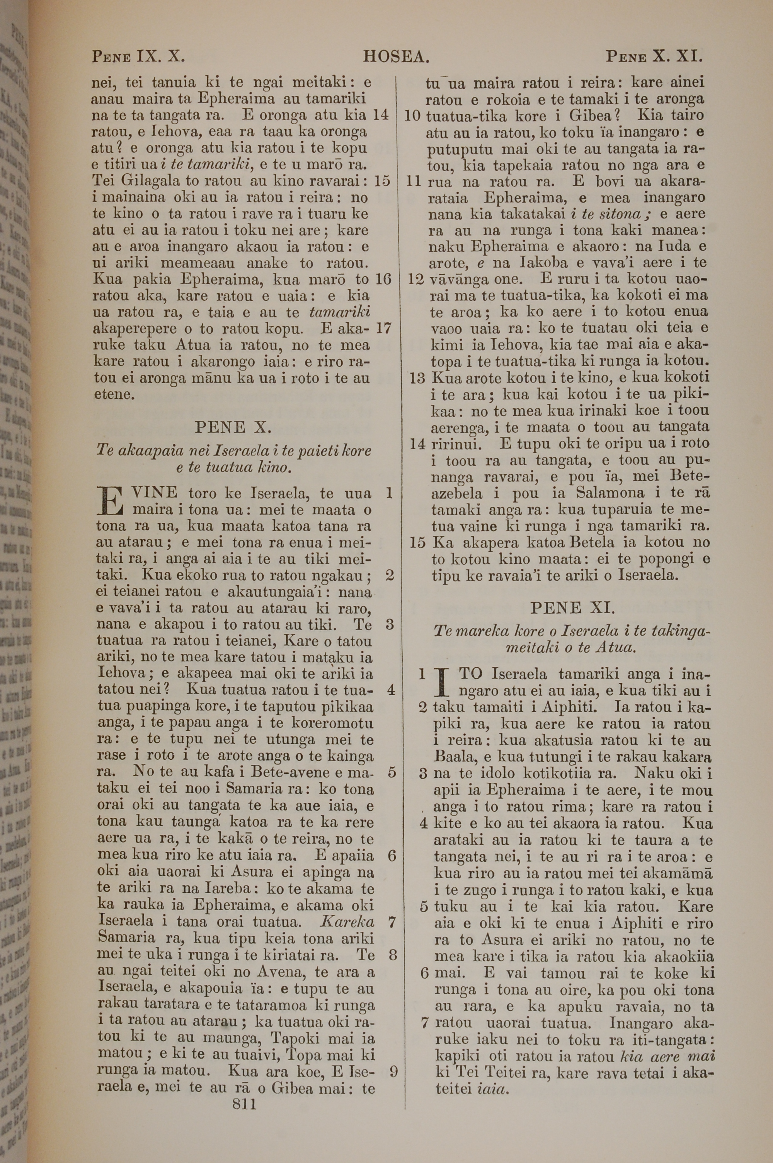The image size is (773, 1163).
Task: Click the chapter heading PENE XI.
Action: pyautogui.click(x=572, y=607)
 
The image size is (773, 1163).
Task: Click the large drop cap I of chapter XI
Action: pyautogui.click(x=442, y=681)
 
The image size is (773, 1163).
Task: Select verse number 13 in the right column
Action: pyautogui.click(x=417, y=379)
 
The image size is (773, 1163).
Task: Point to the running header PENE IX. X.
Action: pyautogui.click(x=138, y=57)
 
